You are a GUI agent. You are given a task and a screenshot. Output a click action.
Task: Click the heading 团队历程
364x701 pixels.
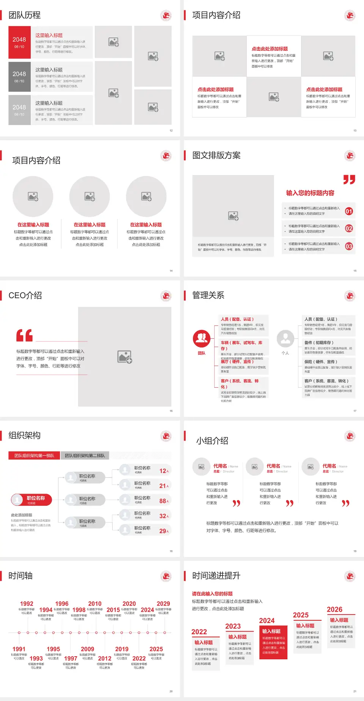[24, 15]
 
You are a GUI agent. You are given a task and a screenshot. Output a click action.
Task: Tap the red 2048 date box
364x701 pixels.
[19, 42]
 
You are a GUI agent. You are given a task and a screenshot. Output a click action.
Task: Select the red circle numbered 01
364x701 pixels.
[349, 211]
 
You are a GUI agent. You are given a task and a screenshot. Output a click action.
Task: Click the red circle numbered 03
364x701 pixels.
[349, 246]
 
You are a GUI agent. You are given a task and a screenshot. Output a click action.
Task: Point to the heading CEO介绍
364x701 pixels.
[25, 296]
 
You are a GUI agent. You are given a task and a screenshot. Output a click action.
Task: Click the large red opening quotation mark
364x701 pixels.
[24, 335]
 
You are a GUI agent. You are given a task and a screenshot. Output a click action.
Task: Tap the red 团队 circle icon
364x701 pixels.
[201, 339]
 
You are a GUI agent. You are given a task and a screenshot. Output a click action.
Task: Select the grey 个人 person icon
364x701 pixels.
[285, 339]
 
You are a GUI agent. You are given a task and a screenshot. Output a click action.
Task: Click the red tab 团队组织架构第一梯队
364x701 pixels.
[34, 455]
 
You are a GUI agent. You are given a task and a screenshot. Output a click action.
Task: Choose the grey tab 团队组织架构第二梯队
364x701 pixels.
[85, 455]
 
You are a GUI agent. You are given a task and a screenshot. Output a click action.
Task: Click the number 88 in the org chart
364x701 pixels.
[163, 501]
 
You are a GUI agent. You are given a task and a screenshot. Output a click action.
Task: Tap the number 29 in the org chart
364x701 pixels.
[163, 531]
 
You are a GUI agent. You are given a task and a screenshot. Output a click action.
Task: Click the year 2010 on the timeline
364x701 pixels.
[95, 604]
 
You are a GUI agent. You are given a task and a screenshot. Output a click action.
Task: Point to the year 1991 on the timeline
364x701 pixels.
[19, 649]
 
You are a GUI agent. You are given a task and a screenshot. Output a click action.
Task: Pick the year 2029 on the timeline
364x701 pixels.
[163, 604]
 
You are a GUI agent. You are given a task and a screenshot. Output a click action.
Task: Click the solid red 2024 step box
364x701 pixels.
[273, 642]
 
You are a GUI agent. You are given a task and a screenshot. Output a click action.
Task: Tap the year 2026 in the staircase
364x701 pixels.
[334, 609]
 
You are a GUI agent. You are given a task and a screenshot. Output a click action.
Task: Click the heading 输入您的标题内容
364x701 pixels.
[310, 193]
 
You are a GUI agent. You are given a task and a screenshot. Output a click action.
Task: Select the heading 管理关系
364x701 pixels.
[208, 296]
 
